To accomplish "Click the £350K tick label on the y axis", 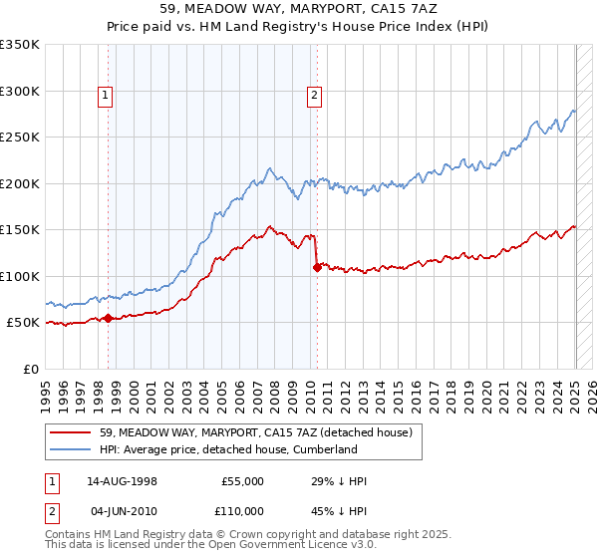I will coord(20,45).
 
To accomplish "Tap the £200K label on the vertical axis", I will coord(20,183).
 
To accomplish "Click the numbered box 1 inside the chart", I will coord(106,96).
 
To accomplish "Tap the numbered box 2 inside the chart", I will coord(314,96).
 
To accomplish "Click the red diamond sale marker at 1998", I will coord(109,318).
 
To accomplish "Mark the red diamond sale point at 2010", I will coord(317,267).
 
